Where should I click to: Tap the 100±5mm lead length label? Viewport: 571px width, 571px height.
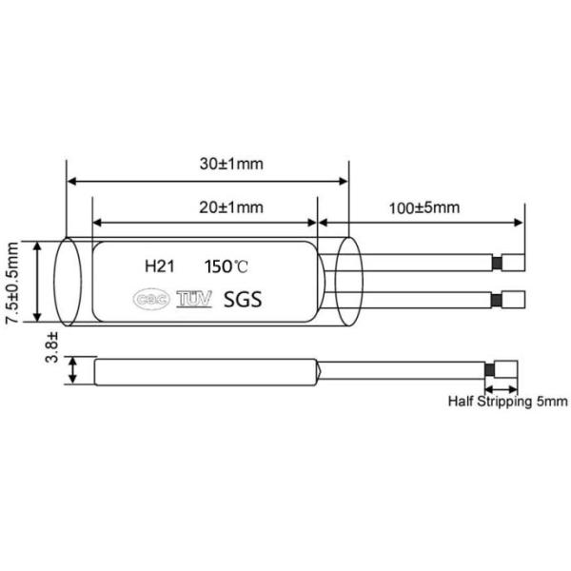pyautogui.click(x=424, y=207)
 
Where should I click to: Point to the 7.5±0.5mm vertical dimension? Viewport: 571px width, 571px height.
pyautogui.click(x=12, y=283)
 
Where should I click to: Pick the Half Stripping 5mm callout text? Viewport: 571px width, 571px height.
pyautogui.click(x=507, y=402)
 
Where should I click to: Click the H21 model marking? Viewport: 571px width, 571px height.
pyautogui.click(x=158, y=266)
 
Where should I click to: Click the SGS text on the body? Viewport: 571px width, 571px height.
pyautogui.click(x=242, y=300)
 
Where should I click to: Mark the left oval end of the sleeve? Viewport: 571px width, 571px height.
pyautogui.click(x=67, y=283)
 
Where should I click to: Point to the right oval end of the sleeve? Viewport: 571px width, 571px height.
pyautogui.click(x=348, y=283)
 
